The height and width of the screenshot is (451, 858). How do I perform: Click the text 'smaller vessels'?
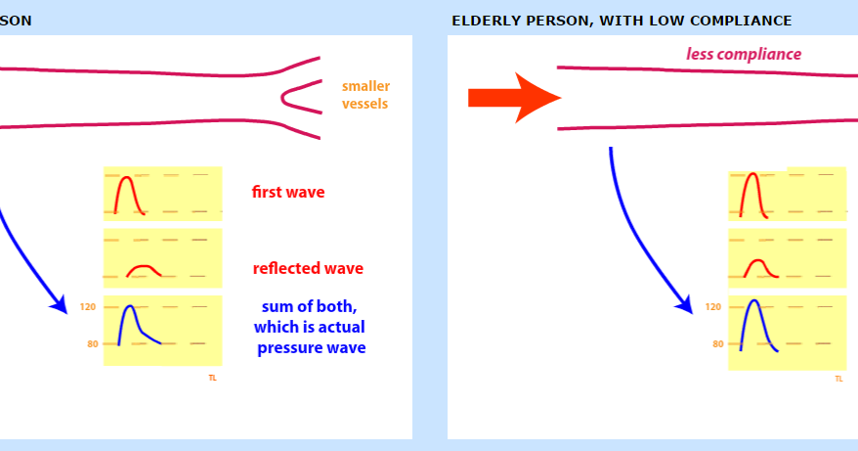(365, 95)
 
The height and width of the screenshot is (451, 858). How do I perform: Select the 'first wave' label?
(288, 192)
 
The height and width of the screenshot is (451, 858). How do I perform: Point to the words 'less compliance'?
(744, 54)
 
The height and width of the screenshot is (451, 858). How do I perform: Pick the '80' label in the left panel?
(91, 343)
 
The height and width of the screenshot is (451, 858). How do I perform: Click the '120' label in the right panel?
(712, 307)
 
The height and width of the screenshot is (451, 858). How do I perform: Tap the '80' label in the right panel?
(716, 343)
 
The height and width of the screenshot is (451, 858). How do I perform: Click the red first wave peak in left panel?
(125, 178)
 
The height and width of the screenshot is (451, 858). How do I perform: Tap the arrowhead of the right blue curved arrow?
(685, 305)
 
